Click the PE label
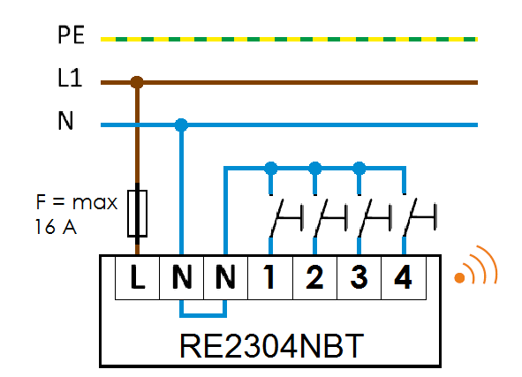(71, 34)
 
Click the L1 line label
(70, 78)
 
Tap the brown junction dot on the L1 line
(137, 82)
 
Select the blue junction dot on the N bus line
(181, 125)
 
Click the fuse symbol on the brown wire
(137, 214)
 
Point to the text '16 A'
(56, 227)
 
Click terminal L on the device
(137, 277)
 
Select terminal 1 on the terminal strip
(270, 277)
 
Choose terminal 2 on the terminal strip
(314, 277)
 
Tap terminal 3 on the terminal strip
(359, 277)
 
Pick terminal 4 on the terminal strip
(404, 277)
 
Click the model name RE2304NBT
(271, 346)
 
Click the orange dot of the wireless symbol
(459, 277)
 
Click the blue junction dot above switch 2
(315, 169)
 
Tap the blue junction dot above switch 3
(359, 169)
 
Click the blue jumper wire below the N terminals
(203, 315)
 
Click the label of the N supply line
(65, 120)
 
